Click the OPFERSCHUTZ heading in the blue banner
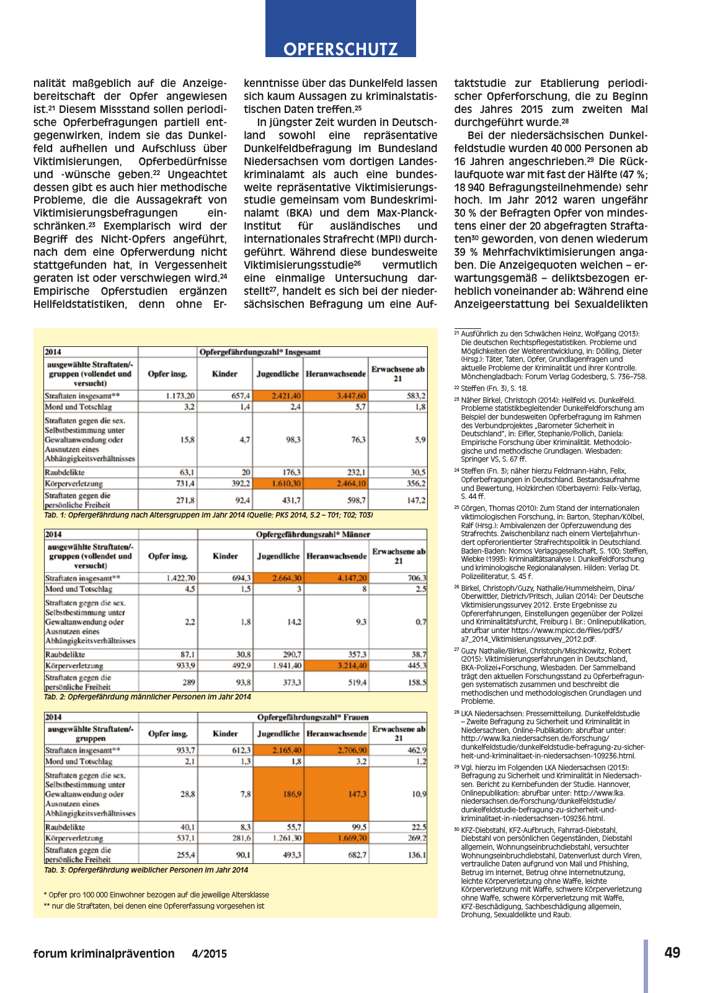click(340, 49)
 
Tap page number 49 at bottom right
click(672, 953)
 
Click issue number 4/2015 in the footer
click(209, 954)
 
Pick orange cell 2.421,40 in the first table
click(278, 395)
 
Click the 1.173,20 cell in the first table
click(167, 395)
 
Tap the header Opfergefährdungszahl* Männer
click(313, 534)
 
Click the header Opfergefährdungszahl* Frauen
click(313, 717)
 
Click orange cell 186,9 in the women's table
click(278, 794)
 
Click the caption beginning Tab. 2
click(148, 697)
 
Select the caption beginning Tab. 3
click(146, 870)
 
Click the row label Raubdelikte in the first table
click(64, 472)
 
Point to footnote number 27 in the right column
click(456, 650)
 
